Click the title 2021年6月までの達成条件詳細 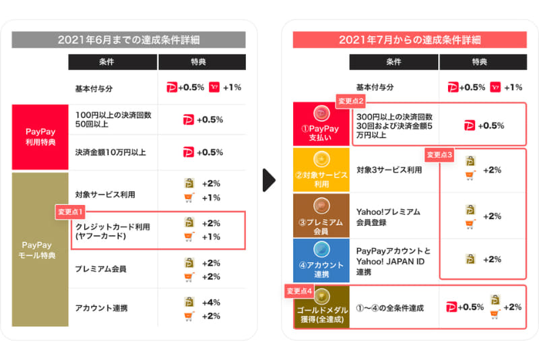coord(129,39)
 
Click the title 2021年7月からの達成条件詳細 coord(410,39)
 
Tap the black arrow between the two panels coord(269,180)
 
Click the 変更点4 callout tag coord(300,291)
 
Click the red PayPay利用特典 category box coord(40,138)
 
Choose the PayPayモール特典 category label coord(40,250)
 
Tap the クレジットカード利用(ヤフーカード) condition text coord(113,231)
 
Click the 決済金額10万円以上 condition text coord(111,152)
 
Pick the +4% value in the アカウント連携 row coord(211,303)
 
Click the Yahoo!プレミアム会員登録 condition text coord(388,216)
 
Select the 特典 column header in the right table coord(479,62)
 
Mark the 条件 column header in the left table coord(112,62)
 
